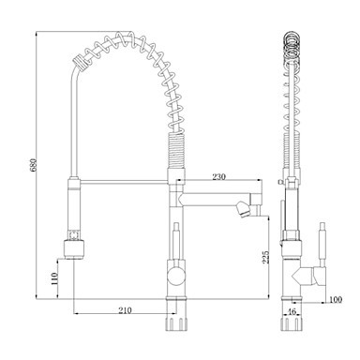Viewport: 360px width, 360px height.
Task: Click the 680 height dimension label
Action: tap(34, 165)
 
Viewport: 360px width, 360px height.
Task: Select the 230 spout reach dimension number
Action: tap(218, 176)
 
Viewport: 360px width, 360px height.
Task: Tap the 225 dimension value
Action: tap(265, 257)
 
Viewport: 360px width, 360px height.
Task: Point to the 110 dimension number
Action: tap(54, 278)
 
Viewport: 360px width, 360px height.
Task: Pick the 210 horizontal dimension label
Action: tap(125, 310)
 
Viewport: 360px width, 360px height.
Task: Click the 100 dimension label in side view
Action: tap(336, 299)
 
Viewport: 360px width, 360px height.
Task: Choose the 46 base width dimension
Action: tap(292, 311)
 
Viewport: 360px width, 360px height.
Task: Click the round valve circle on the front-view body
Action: tap(176, 276)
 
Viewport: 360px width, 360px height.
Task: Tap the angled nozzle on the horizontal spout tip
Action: tap(242, 209)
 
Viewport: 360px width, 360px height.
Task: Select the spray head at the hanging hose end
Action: tap(74, 248)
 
